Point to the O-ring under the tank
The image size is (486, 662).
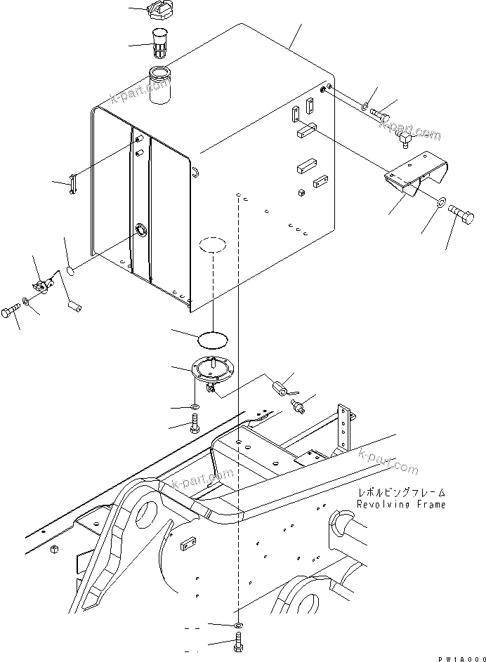click(213, 340)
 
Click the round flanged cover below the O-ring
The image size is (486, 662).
click(211, 369)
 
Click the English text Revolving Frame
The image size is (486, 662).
click(400, 505)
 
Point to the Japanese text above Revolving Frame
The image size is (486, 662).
click(400, 494)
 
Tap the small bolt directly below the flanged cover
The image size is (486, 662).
click(195, 423)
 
